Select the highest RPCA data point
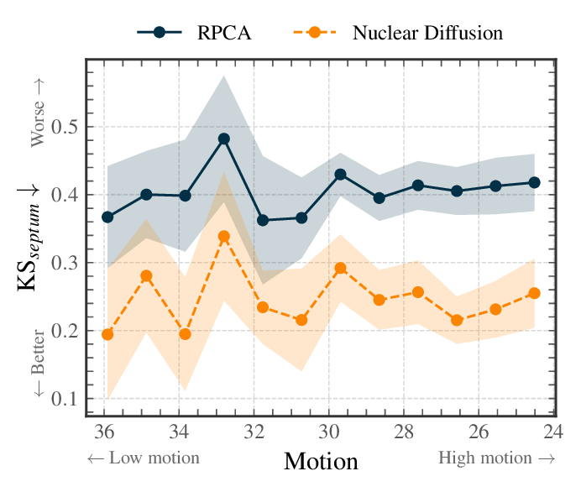224,139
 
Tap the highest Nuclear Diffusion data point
224,237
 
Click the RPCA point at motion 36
107,217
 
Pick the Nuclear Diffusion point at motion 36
107,334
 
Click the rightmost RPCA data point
534,182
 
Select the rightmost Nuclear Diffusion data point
534,293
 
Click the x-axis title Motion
321,460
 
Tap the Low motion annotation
143,458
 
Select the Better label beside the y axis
38,369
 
